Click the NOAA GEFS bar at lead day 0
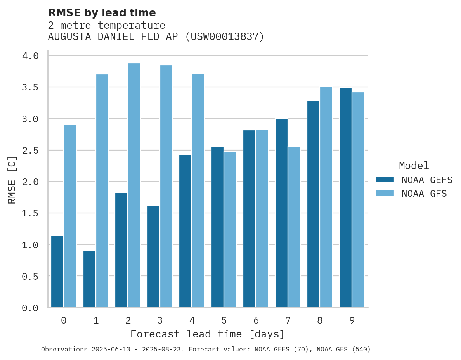pos(57,272)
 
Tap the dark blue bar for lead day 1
pos(89,279)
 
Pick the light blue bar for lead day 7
pos(294,227)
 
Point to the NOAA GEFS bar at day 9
pos(345,198)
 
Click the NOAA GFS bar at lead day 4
pos(198,190)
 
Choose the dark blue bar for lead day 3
pos(153,256)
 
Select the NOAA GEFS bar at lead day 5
pos(217,227)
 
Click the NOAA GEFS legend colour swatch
pos(385,180)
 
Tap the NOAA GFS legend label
pos(424,194)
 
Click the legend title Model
pos(414,166)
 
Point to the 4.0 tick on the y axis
pos(30,56)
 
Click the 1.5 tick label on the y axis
pos(30,213)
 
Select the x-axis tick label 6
pos(256,320)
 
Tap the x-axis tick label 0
pos(64,320)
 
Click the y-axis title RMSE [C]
pos(12,180)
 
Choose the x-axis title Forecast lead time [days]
pos(208,334)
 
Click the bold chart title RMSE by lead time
pos(102,13)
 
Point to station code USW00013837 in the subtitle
pos(224,37)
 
